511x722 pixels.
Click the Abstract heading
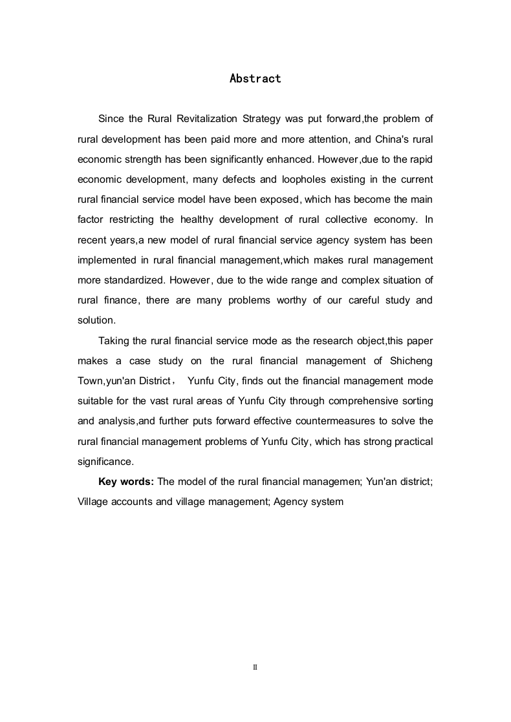255,79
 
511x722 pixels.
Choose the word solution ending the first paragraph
95,320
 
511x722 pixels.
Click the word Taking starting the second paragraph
114,340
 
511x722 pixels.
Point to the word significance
105,461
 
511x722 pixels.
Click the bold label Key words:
125,481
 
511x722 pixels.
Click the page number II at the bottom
255,666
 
